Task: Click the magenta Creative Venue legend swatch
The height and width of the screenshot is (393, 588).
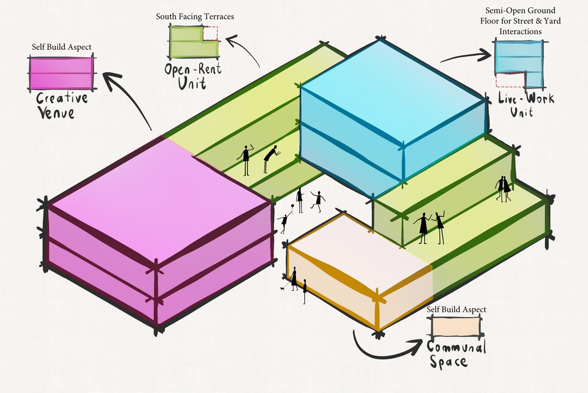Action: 61,73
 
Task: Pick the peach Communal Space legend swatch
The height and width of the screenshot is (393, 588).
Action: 455,327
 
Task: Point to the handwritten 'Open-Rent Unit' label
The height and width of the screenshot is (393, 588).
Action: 193,76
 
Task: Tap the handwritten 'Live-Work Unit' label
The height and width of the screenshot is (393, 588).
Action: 525,105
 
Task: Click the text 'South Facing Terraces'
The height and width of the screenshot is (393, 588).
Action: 195,17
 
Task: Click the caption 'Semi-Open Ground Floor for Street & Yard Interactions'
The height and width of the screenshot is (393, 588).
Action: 520,21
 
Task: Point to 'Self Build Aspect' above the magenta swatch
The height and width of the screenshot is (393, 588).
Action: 61,47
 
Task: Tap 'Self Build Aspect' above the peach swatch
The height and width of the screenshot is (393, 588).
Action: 456,310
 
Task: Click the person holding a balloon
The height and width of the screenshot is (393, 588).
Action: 284,221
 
